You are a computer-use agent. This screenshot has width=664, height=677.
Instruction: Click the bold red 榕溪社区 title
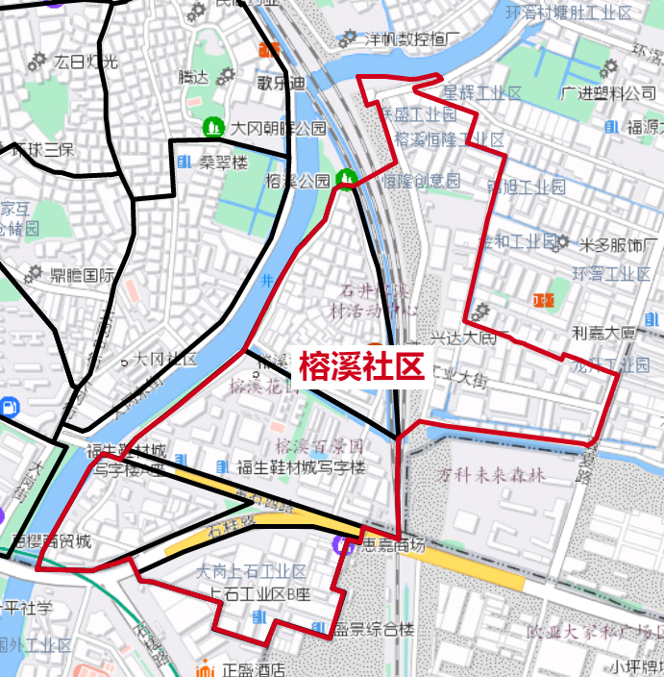[x=360, y=366]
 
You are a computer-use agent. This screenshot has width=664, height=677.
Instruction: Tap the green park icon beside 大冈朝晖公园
[x=211, y=127]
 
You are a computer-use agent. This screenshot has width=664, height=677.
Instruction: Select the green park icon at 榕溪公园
[x=346, y=179]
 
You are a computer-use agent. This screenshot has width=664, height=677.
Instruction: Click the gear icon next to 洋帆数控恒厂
[x=347, y=39]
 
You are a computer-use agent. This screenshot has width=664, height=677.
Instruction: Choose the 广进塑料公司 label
[x=608, y=93]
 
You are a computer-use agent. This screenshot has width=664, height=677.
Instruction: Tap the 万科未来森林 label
[x=492, y=475]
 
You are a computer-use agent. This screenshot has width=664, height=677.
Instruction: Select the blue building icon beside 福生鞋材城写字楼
[x=223, y=467]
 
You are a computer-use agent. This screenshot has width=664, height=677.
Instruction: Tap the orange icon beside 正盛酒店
[x=204, y=669]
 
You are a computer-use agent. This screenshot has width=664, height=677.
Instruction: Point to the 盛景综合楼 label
[x=374, y=630]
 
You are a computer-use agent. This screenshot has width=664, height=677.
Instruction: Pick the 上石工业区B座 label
[x=256, y=592]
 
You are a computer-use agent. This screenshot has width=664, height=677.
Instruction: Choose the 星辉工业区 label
[x=480, y=93]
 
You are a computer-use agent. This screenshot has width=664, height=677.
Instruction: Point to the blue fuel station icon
[x=10, y=406]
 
